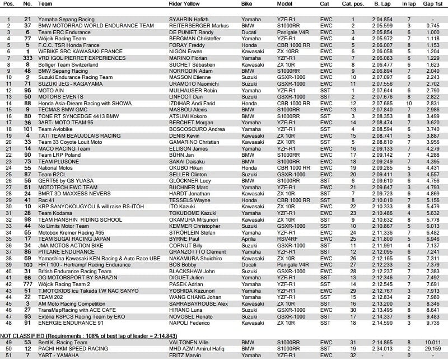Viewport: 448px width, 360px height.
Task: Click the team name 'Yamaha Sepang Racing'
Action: tap(63, 18)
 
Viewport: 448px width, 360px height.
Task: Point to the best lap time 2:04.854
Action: tap(382, 18)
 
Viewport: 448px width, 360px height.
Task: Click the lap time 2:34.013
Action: tap(382, 348)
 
